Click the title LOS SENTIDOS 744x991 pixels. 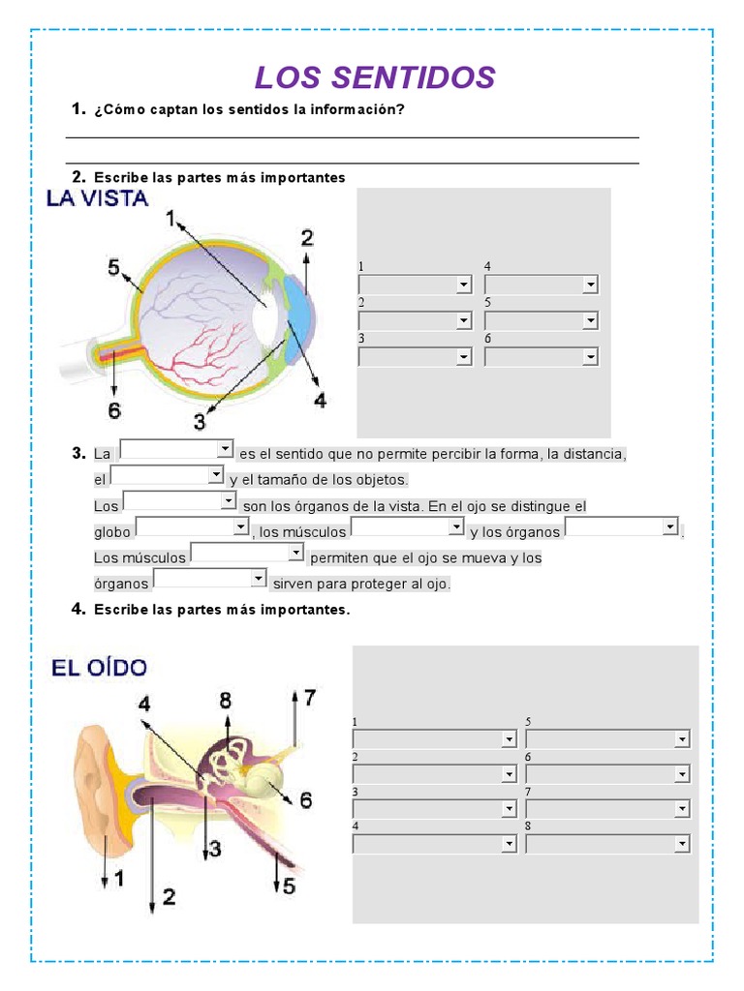click(x=374, y=78)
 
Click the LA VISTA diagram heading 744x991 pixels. click(x=97, y=199)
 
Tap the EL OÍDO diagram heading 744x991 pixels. click(x=99, y=667)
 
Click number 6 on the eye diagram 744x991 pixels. click(x=114, y=410)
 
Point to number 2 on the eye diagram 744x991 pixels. click(x=307, y=237)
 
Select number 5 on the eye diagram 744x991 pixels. click(x=113, y=266)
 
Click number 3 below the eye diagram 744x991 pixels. click(x=200, y=421)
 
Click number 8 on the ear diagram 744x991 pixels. click(x=226, y=699)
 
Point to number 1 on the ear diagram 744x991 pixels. click(x=118, y=879)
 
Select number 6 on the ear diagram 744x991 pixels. click(x=305, y=799)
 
